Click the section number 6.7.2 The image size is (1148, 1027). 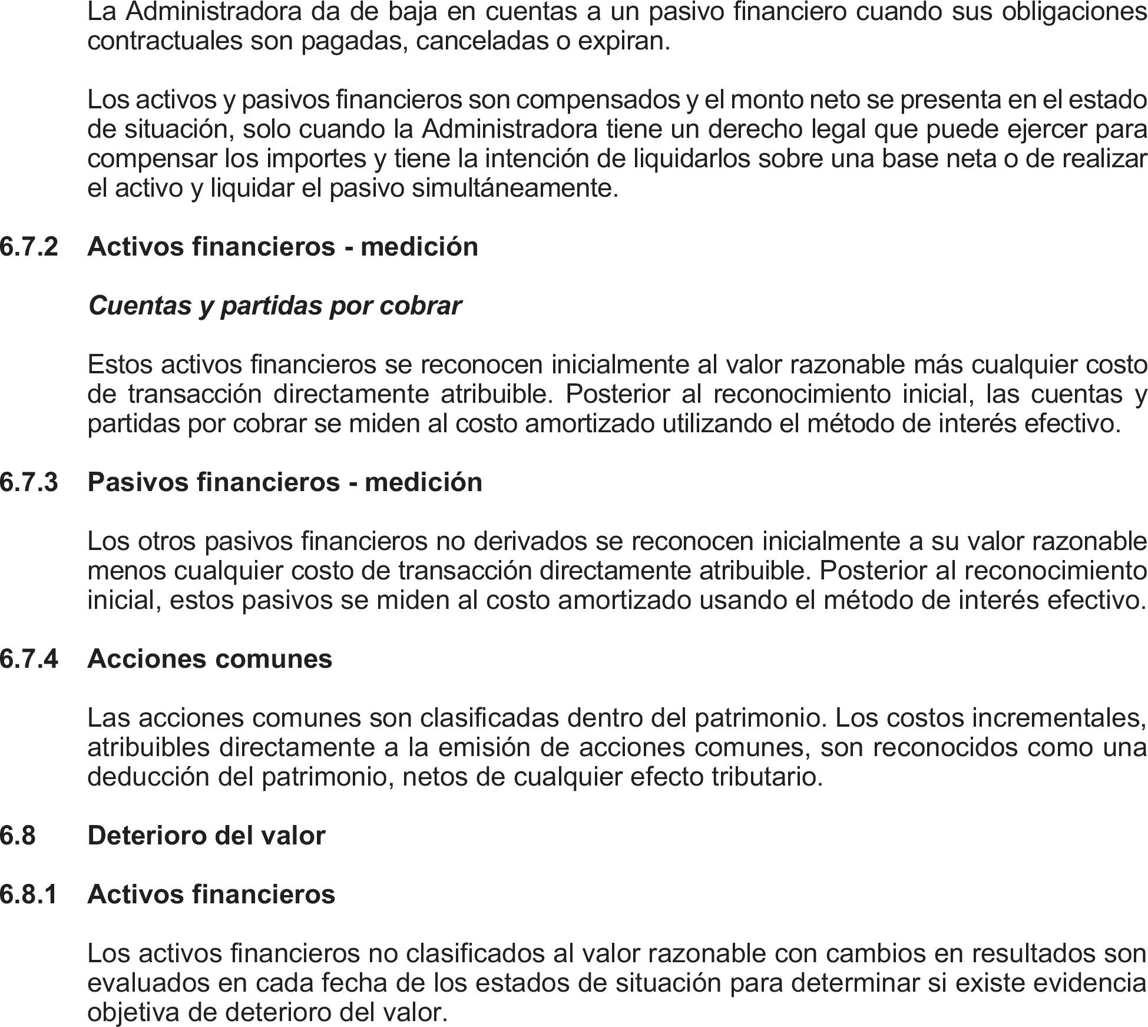point(29,246)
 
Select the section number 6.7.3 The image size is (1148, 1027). point(29,482)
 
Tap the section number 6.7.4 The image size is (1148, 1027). point(29,658)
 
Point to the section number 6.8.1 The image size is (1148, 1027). point(29,894)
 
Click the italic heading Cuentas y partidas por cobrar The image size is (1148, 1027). point(274,306)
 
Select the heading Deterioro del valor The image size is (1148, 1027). point(206,835)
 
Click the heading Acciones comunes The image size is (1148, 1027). point(210,658)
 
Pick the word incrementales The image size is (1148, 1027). point(1058,718)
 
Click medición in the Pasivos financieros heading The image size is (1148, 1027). point(424,482)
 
